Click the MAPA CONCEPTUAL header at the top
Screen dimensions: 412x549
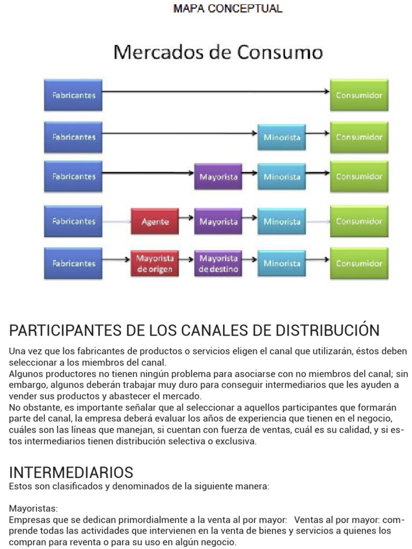227,9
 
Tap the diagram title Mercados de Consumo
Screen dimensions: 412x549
218,53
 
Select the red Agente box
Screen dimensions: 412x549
154,221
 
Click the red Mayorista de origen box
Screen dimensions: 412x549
154,263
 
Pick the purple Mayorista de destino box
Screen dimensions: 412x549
218,263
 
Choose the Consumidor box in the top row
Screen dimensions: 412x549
359,95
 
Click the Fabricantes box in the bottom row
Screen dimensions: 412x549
73,263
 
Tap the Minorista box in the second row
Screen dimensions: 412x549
282,137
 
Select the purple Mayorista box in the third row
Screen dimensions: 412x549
218,177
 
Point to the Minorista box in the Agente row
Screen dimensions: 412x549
282,221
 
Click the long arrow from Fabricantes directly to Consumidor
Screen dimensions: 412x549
215,92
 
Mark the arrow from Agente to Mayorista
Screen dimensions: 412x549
186,218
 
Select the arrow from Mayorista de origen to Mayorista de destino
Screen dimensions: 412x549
186,259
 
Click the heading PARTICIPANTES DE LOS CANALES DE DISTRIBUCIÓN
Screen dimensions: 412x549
194,330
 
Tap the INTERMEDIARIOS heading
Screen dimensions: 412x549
71,472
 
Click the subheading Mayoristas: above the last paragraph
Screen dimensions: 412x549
33,508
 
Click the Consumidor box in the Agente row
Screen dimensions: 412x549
359,221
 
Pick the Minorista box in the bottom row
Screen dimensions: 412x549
282,263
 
